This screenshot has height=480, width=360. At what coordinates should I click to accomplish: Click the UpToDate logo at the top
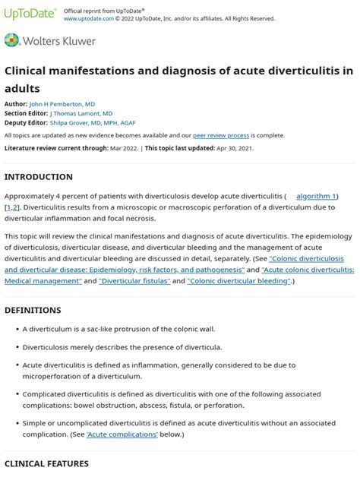tap(30, 14)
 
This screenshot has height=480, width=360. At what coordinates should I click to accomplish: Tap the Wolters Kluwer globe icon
tap(13, 40)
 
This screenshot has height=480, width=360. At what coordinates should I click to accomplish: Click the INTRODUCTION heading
tap(39, 177)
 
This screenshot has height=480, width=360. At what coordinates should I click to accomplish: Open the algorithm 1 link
tap(317, 196)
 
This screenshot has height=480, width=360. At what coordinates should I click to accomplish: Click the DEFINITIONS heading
tap(33, 310)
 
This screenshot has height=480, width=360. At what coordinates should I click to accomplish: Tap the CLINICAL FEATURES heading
tap(46, 463)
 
